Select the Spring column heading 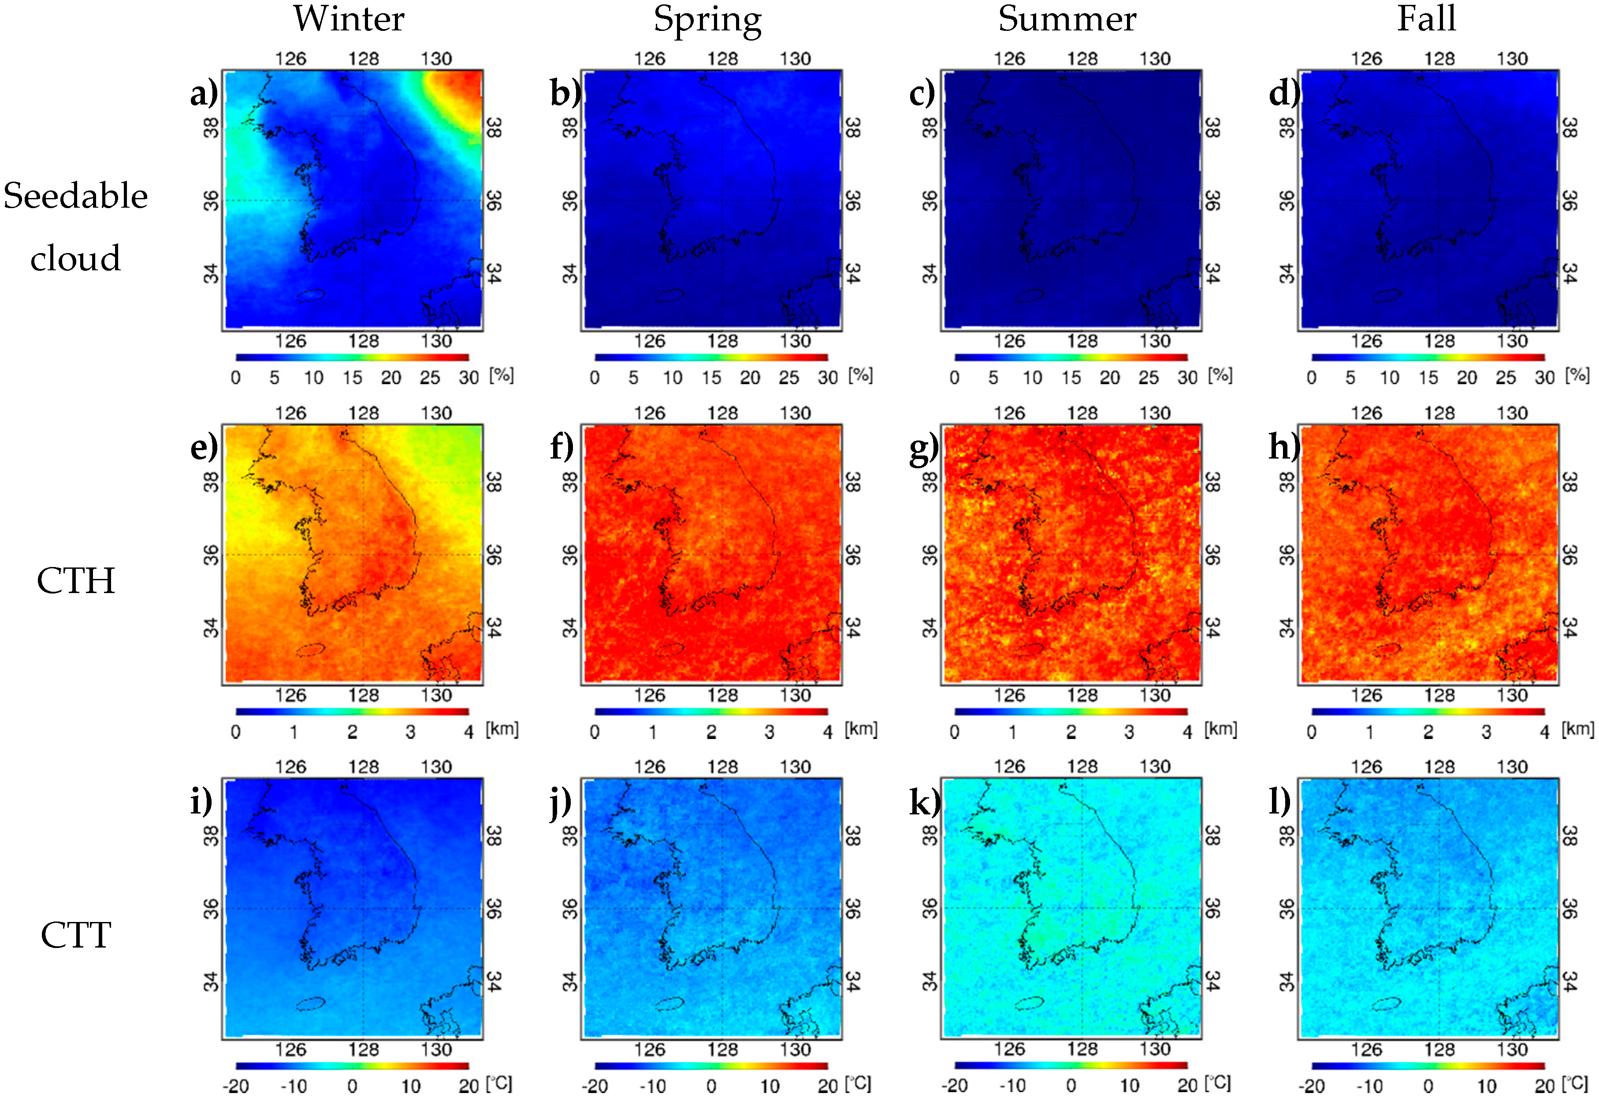(x=707, y=20)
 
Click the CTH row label (x=75, y=581)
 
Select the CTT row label (x=75, y=936)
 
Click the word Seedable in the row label (x=75, y=196)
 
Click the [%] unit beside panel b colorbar (x=860, y=375)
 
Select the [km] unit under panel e (x=502, y=729)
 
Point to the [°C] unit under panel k (x=1218, y=1082)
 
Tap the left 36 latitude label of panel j (x=569, y=908)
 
